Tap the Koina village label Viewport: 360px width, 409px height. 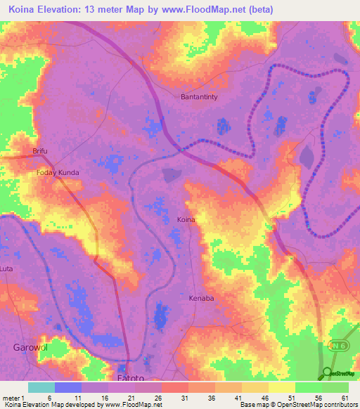[x=186, y=220]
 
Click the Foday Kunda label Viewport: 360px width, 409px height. [x=58, y=172]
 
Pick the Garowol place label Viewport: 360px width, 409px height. [x=29, y=347]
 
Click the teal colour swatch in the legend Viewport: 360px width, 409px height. [x=41, y=387]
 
